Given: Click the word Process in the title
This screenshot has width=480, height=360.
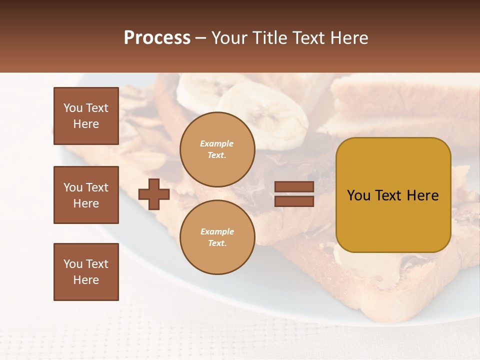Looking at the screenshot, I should point(157,38).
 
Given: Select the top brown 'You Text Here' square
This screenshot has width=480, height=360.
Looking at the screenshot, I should point(86,116).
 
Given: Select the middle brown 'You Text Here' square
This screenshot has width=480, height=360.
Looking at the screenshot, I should point(86,195).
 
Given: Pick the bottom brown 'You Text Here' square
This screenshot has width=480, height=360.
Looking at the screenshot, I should point(86,272).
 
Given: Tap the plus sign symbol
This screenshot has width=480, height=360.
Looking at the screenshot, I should point(154,194).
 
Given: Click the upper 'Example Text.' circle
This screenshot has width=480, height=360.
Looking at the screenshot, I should point(217,149).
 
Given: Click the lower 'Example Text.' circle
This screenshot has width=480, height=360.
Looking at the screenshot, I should point(217,237).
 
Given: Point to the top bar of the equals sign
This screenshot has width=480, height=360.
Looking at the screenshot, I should point(294,187).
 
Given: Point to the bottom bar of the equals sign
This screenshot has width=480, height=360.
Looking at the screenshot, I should point(294,201).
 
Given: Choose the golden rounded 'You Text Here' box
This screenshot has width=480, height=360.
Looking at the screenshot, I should point(393,195).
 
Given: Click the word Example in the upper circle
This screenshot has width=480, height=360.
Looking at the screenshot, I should point(217,143).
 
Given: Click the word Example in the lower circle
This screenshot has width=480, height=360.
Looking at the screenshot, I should point(217,231).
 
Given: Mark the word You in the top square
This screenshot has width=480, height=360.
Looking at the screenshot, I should point(73,108).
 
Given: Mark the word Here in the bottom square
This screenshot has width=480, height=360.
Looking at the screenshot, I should point(86,280).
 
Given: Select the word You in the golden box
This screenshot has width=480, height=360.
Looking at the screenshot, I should point(358,195).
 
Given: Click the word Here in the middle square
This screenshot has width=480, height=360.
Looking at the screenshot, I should point(86,203).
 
